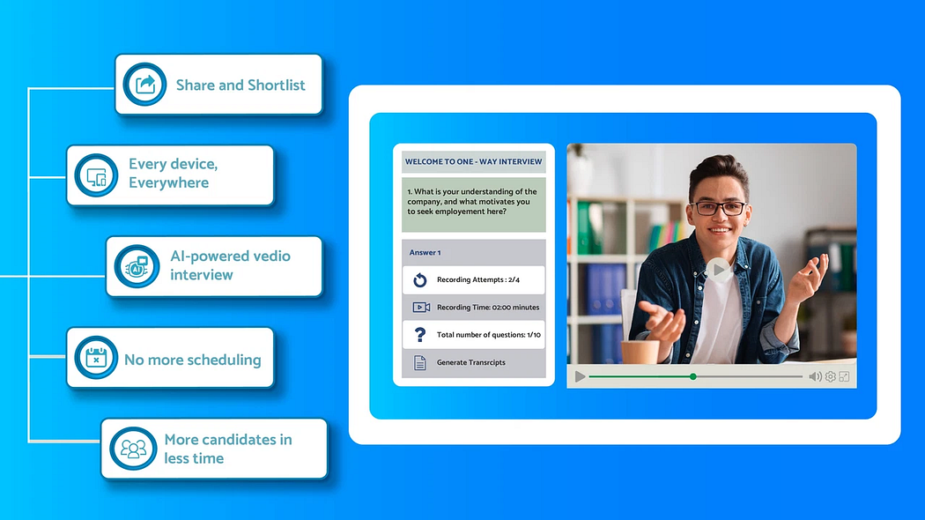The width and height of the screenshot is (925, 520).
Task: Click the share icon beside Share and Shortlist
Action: pos(144,85)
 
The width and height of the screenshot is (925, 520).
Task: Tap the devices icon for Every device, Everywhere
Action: pos(96,175)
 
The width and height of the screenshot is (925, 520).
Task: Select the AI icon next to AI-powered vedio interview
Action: pos(136,266)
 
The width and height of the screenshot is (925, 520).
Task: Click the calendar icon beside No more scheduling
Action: pos(96,358)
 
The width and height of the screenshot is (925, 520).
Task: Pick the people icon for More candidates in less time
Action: pos(133,449)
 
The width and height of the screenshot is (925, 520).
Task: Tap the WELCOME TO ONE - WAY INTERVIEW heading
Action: pos(473,162)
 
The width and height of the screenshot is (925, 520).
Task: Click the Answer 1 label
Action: pos(425,253)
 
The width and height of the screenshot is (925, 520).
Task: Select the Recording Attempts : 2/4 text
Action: pos(478,280)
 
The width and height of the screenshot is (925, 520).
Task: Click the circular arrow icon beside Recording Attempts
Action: pos(420,280)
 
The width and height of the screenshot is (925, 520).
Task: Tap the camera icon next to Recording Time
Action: pos(421,308)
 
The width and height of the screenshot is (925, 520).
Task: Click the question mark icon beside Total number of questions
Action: pos(420,335)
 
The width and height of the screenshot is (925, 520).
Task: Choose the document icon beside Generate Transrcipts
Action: pos(420,362)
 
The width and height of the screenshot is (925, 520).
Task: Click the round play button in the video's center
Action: pos(720,270)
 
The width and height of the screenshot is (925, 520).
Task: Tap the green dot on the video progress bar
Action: pos(693,376)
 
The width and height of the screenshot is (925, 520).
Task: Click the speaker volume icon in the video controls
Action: pos(815,376)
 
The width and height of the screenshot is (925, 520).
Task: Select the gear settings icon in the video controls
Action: pos(830,376)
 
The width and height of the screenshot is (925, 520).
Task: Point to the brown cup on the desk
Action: pos(640,350)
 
